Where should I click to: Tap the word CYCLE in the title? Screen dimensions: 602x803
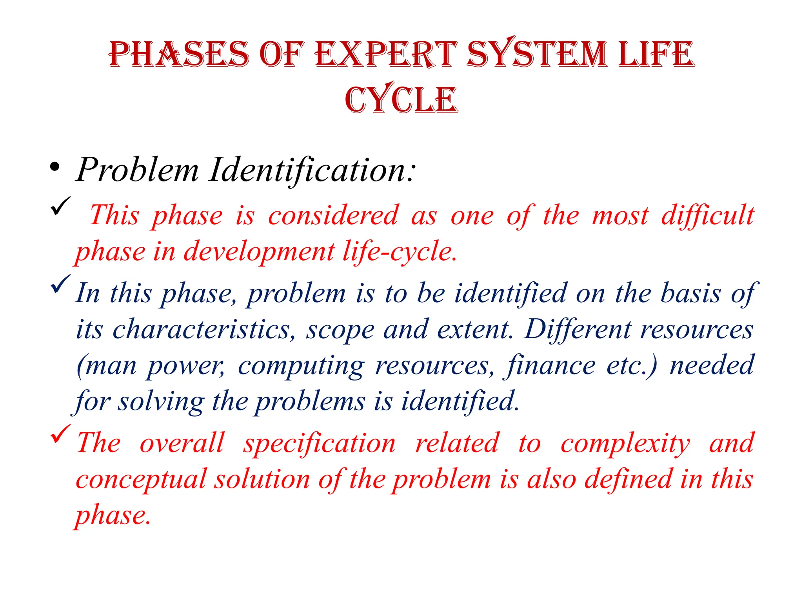[x=401, y=100]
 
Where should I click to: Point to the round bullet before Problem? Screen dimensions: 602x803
[x=55, y=168]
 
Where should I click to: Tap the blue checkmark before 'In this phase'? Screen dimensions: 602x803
[x=60, y=284]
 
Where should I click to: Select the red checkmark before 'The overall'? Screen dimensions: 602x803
[x=60, y=434]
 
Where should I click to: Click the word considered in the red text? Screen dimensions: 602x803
[x=333, y=215]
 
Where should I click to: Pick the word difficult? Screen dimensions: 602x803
[x=708, y=215]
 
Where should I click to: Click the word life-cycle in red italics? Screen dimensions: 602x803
[x=400, y=251]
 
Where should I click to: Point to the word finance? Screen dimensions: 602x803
[x=551, y=366]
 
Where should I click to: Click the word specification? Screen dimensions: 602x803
[x=320, y=443]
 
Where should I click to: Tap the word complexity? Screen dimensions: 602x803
[x=625, y=444]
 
